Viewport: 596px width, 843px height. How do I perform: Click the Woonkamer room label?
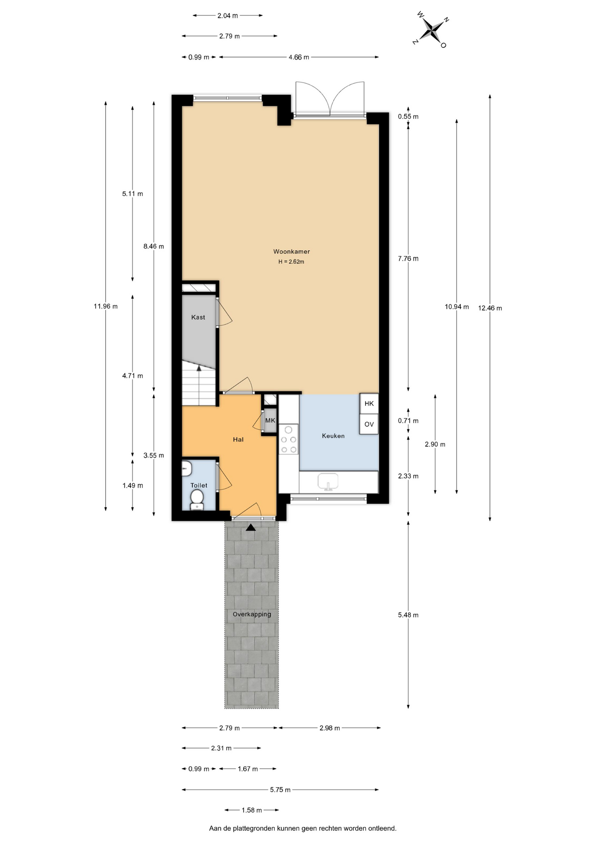(291, 252)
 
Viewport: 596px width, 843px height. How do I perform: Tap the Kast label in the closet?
(198, 317)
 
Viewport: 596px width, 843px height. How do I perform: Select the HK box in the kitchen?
(369, 403)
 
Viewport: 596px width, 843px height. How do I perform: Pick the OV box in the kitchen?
(369, 424)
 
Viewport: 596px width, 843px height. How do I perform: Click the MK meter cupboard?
(270, 421)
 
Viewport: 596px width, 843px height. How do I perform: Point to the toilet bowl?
(197, 499)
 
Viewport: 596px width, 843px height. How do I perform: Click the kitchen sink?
(328, 481)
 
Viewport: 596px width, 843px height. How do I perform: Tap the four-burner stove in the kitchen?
(289, 439)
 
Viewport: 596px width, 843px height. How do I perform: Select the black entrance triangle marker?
(251, 527)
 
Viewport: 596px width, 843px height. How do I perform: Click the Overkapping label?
(252, 614)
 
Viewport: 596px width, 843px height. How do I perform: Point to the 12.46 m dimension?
(490, 308)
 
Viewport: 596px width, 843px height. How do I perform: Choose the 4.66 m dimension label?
(299, 57)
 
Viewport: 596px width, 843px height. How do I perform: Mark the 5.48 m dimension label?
(408, 615)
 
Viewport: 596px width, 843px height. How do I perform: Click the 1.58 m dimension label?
(252, 810)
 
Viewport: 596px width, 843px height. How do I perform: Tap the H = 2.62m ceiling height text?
(291, 262)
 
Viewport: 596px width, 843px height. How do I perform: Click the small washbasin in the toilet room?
(187, 468)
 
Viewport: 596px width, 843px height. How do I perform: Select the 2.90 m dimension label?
(435, 444)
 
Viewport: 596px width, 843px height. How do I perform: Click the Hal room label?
(238, 440)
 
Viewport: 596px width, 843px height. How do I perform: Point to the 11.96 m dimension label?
(106, 306)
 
